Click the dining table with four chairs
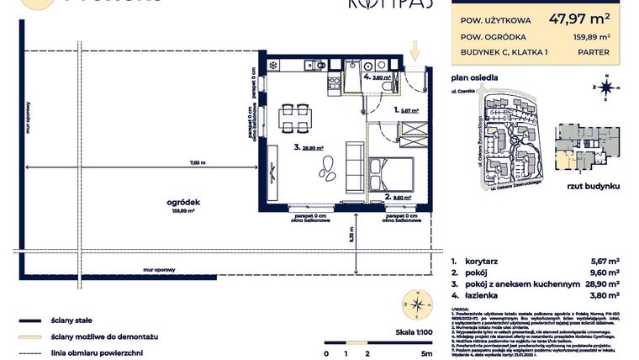point(294,117)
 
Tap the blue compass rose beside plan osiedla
point(605,86)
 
